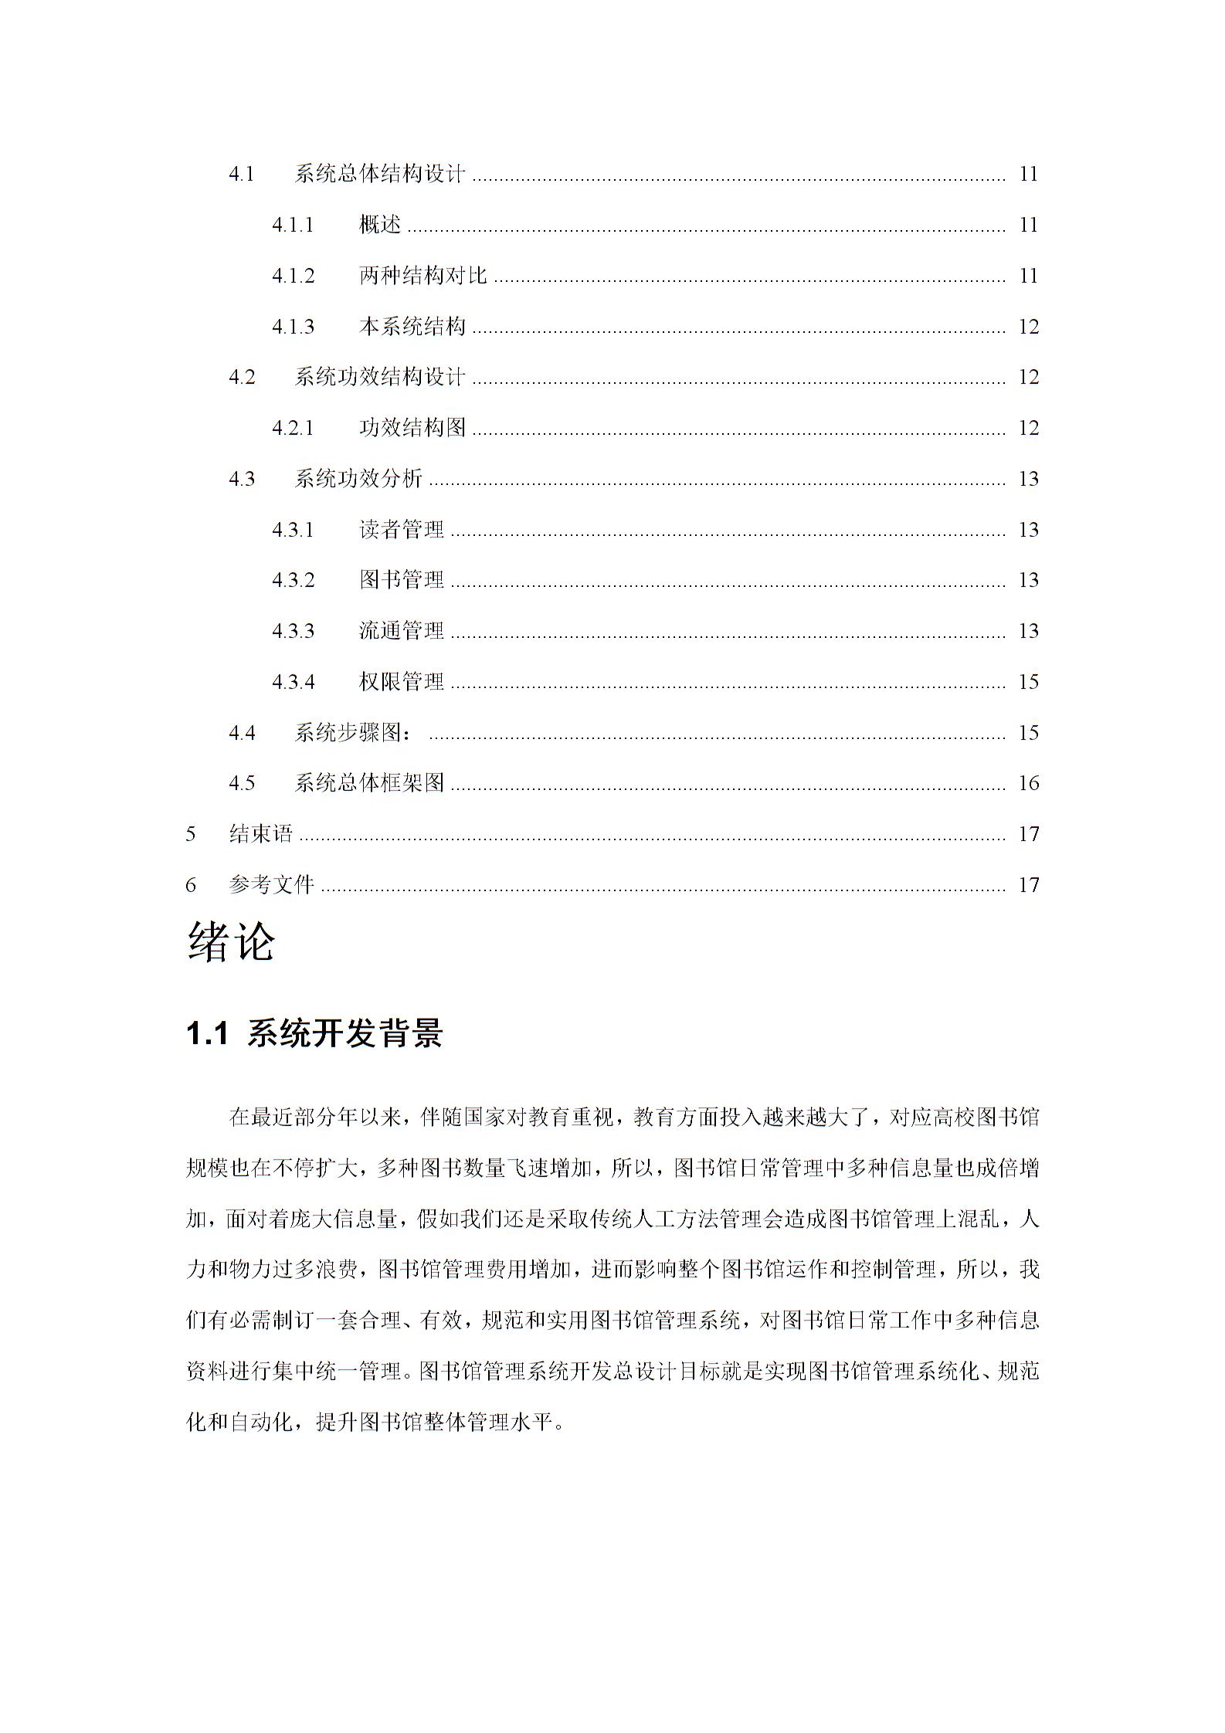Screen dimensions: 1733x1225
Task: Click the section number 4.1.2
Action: pos(293,276)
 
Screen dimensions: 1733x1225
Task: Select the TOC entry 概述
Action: pos(380,225)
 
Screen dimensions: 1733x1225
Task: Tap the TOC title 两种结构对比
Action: pos(422,276)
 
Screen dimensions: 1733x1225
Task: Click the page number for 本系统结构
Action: pos(1028,327)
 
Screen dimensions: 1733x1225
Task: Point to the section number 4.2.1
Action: pos(293,428)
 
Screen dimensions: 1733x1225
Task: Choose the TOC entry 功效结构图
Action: pos(412,428)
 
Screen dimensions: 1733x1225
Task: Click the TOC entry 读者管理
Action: pos(402,530)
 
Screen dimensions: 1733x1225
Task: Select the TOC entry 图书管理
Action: pos(402,580)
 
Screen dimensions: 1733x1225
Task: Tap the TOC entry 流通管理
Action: pos(402,631)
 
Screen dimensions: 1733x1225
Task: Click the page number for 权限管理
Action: pos(1028,682)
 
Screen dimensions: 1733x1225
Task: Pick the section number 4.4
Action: pos(242,732)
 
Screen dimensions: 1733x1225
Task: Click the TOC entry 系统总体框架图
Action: pos(369,783)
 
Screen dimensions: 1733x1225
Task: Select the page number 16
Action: pos(1028,783)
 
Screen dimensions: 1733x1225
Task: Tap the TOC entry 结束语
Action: pos(261,834)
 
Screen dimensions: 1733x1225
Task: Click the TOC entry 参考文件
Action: pos(272,884)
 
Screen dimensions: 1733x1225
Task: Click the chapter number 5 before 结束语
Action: pos(191,834)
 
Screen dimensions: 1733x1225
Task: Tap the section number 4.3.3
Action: pos(293,631)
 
